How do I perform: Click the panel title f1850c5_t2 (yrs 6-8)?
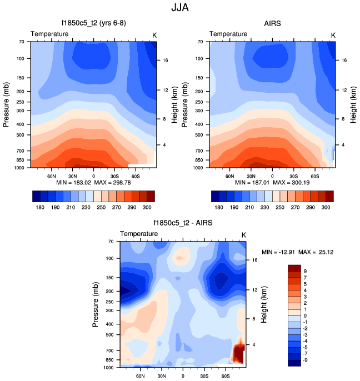(93, 23)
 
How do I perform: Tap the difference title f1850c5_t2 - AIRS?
(183, 223)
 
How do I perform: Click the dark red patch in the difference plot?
(239, 353)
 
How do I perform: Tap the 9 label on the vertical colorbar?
(306, 272)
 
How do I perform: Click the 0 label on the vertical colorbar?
(306, 315)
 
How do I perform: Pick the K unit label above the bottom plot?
(243, 235)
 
